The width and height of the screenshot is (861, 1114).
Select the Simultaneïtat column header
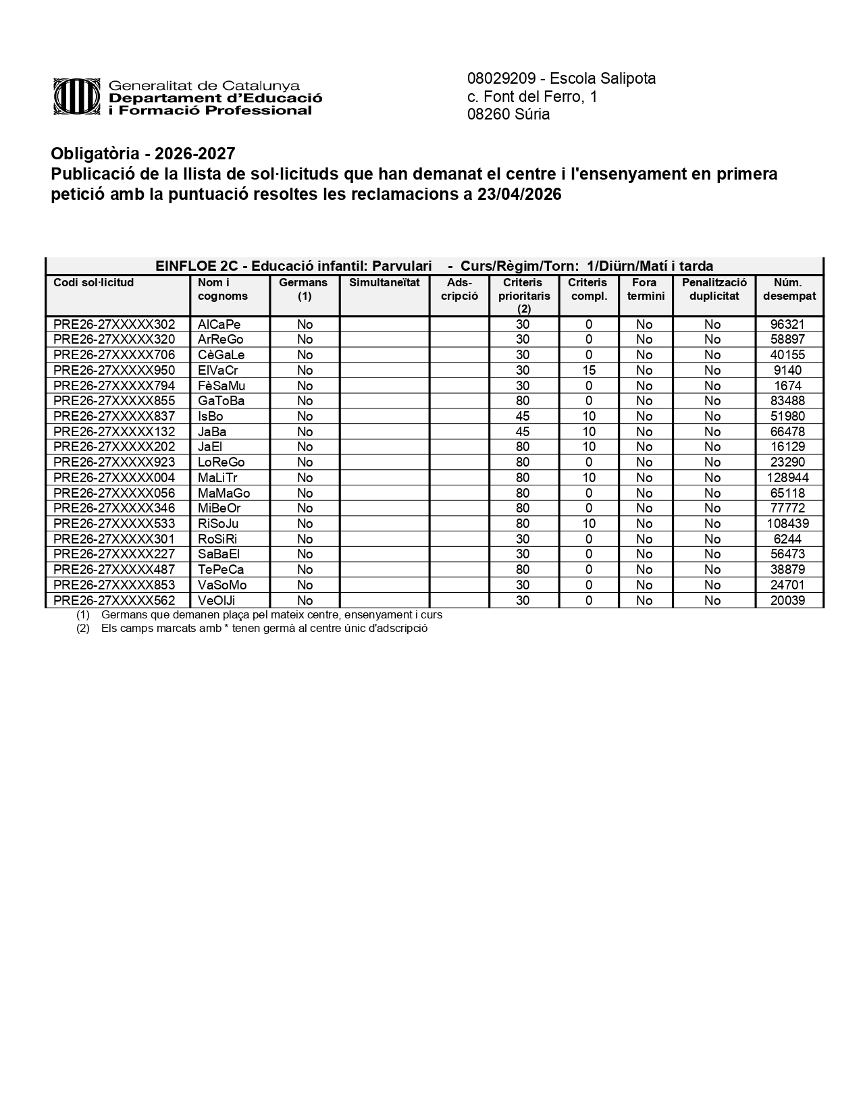[384, 283]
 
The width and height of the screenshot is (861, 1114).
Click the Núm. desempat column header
[789, 290]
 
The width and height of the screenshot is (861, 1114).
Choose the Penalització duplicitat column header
[714, 290]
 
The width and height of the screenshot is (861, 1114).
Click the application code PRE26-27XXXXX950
[114, 371]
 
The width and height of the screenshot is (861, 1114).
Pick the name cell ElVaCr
[217, 371]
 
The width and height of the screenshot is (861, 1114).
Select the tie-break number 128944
[788, 478]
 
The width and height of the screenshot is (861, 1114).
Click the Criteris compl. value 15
[588, 371]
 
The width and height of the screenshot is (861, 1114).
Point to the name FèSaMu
[221, 386]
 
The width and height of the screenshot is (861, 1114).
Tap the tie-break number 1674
[788, 386]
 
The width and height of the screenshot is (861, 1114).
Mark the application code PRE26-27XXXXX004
[114, 478]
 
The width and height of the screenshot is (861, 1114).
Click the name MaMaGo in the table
[224, 494]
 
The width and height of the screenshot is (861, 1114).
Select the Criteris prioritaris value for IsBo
[522, 417]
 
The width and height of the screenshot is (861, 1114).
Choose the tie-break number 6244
[788, 539]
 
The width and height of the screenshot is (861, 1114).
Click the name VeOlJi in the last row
[217, 601]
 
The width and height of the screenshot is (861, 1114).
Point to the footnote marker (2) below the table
[83, 628]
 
